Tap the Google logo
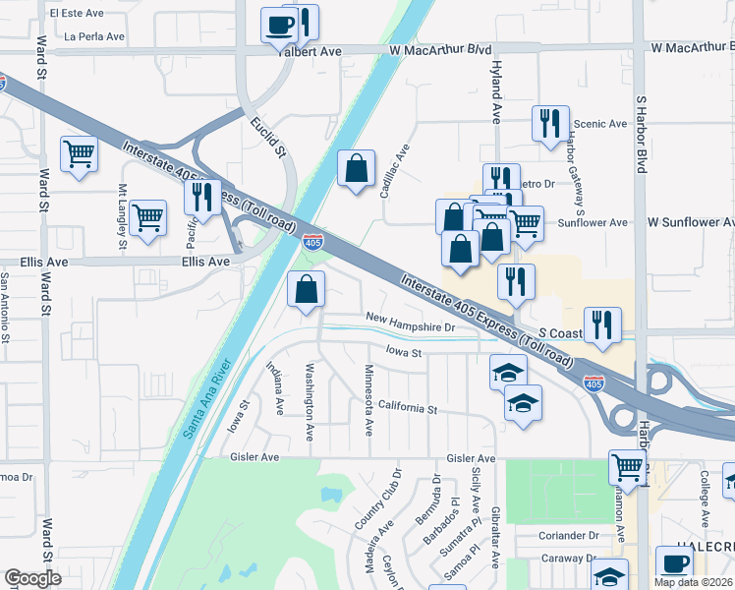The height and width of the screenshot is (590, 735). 32,578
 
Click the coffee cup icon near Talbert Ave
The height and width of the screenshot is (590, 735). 279,24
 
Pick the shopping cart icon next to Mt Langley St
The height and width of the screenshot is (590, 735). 147,217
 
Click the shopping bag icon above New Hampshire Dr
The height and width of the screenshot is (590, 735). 307,290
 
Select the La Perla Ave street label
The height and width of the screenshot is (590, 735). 94,36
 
